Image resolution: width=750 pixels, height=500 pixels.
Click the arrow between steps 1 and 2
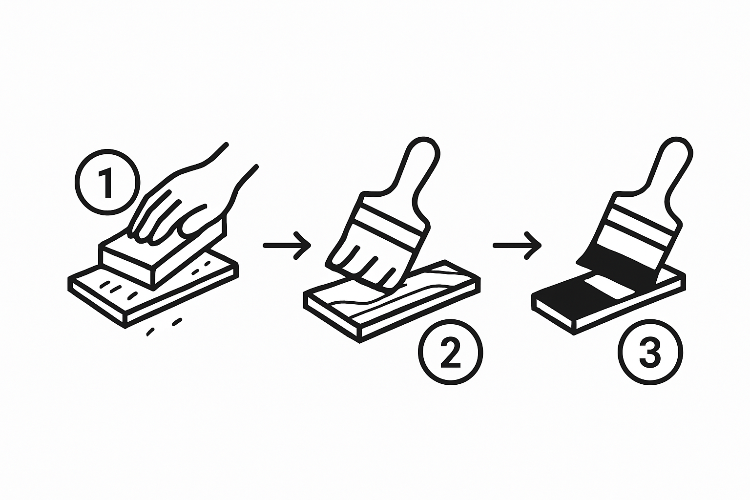(x=287, y=245)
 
